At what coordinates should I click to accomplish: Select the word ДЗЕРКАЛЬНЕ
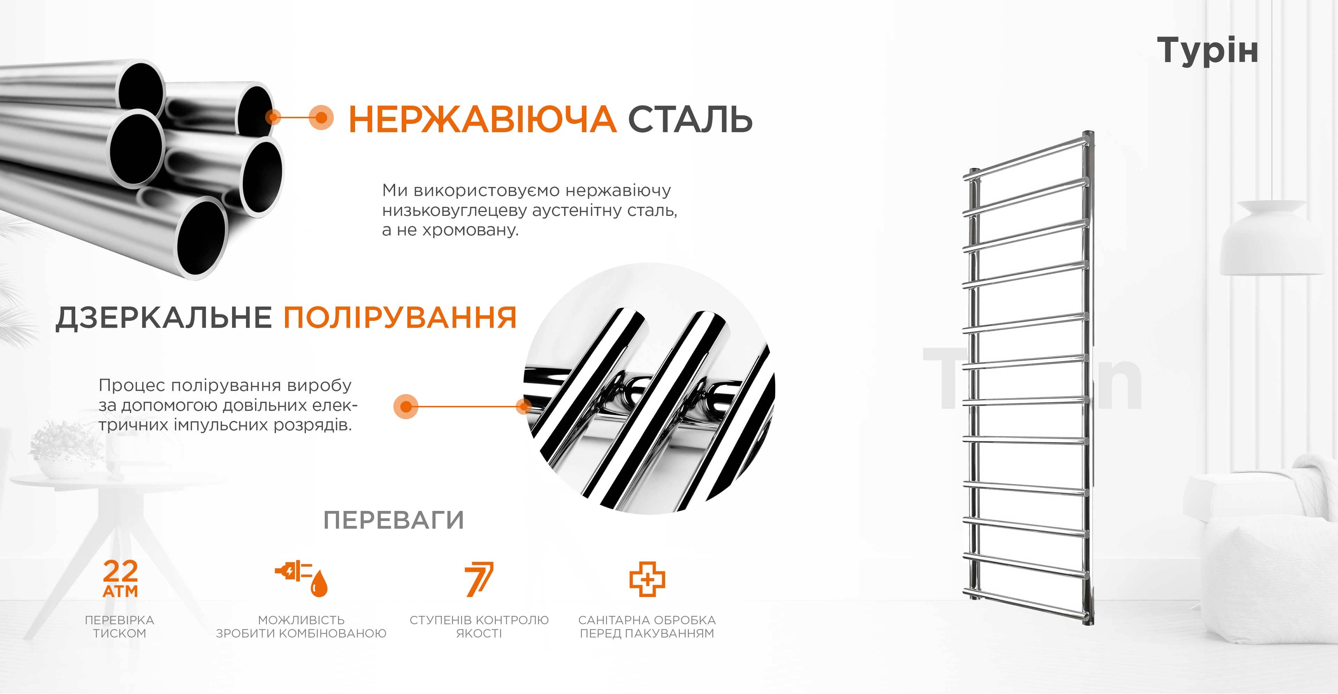point(164,318)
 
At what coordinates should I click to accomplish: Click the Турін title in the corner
point(1208,51)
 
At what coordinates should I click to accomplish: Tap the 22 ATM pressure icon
point(121,579)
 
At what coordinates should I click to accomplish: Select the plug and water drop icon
point(301,579)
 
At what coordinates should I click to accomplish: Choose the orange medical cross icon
point(647,579)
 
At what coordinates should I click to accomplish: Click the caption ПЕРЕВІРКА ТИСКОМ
point(120,626)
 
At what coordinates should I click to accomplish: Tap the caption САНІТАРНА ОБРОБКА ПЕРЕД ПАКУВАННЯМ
point(647,626)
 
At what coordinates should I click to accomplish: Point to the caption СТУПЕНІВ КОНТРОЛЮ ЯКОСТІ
point(479,626)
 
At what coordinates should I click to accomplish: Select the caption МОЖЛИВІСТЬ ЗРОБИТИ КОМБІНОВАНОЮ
point(301,626)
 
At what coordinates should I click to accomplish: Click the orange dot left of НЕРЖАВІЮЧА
point(321,118)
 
